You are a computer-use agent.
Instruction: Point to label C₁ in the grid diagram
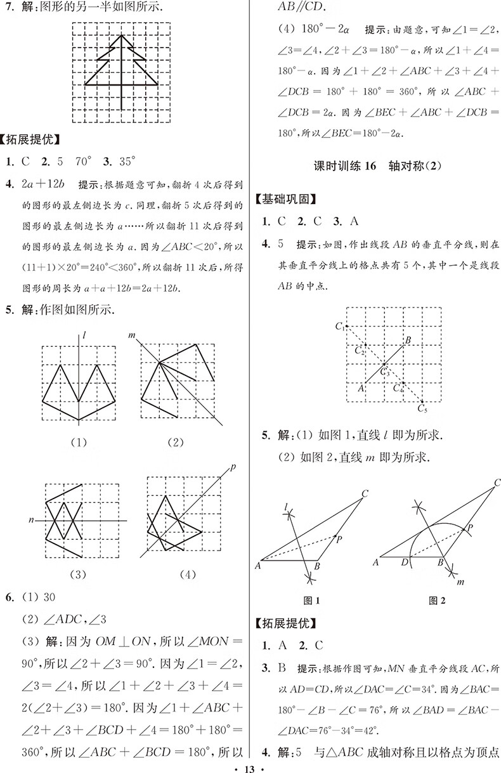tap(340, 327)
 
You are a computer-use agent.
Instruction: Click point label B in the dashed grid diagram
tap(408, 341)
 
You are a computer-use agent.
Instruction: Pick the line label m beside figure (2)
tap(132, 334)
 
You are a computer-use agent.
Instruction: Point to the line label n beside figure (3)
tap(30, 521)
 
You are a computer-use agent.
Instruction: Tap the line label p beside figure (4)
tap(233, 467)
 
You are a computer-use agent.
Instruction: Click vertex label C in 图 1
tap(366, 493)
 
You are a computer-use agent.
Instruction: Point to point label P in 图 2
tap(470, 527)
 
